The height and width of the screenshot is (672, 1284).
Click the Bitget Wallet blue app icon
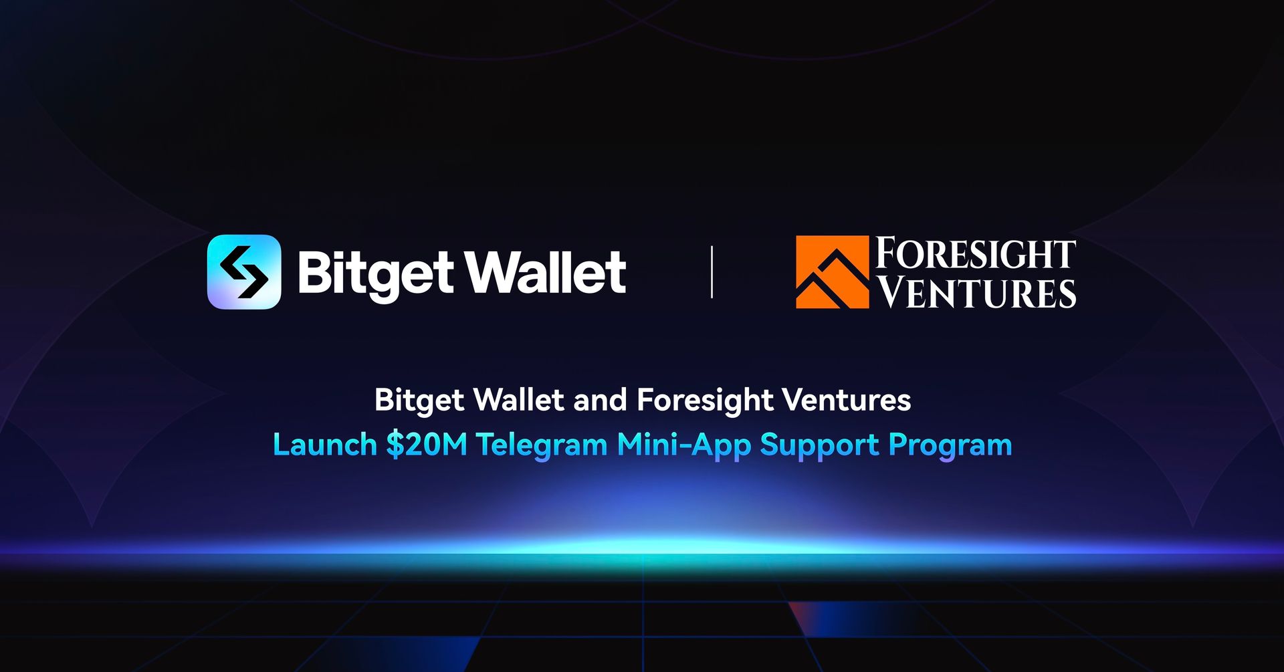pos(244,271)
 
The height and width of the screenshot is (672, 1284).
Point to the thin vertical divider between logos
pos(712,271)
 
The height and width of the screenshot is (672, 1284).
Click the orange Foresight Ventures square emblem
pos(832,271)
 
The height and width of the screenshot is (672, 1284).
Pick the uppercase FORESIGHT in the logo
pos(976,253)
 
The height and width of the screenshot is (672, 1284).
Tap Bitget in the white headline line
pos(419,401)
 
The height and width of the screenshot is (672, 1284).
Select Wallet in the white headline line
pos(519,400)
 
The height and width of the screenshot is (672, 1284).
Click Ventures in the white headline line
pos(847,401)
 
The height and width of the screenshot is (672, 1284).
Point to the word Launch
pos(325,445)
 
